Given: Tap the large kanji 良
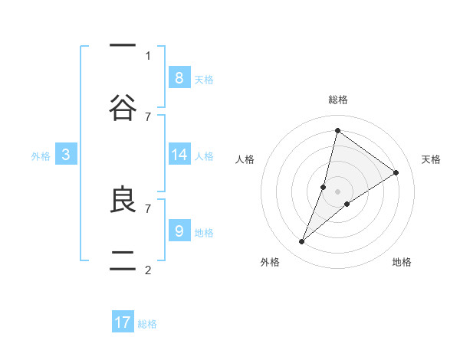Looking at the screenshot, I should [x=123, y=199].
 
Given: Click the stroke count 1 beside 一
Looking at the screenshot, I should [x=148, y=55].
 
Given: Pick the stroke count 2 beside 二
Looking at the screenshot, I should [x=148, y=270].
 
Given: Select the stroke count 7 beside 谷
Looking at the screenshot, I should [x=148, y=116].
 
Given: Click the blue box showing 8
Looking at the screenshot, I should [x=179, y=77].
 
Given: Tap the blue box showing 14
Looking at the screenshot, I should [x=179, y=155].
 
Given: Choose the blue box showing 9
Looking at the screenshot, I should [x=179, y=231].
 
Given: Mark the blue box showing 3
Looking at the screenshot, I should [x=66, y=155].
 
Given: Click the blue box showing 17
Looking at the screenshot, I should [x=123, y=322].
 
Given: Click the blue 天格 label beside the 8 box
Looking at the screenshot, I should [x=204, y=79].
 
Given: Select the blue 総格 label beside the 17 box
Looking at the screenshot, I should [x=147, y=324].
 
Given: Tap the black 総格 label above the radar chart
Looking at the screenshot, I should [x=337, y=100].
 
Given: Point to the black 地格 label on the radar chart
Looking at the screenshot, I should [x=402, y=262].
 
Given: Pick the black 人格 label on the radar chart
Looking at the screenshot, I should [x=245, y=159].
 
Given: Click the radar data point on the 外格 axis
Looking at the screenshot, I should [x=302, y=242].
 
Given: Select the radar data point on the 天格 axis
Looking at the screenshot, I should [x=396, y=172].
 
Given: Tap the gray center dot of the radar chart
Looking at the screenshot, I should [x=337, y=191].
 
